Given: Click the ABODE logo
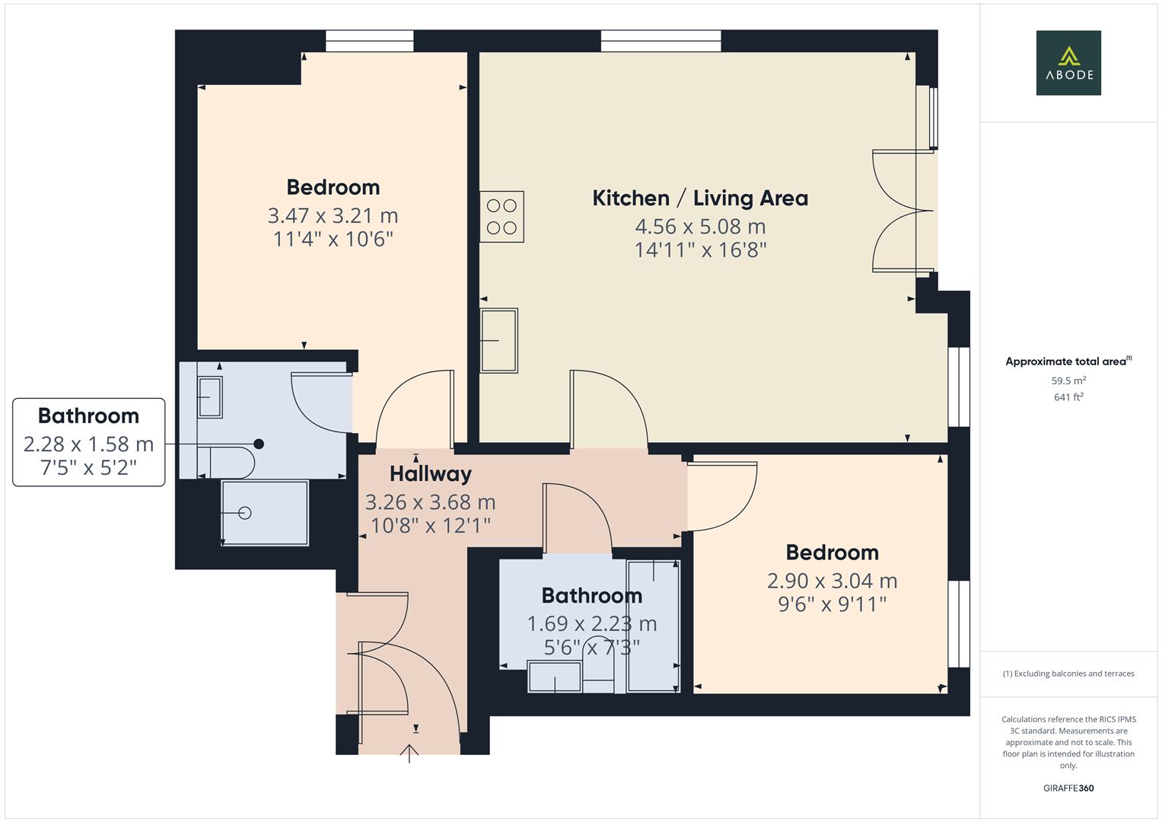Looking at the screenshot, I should tap(1068, 62).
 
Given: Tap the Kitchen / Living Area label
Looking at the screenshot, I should tap(699, 198).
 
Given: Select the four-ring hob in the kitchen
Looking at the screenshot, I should tap(501, 216).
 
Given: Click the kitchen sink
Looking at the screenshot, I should tap(498, 340).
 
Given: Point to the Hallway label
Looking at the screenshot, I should tap(431, 473).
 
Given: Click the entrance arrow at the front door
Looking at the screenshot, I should tap(409, 753).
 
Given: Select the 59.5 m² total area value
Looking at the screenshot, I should tap(1068, 381).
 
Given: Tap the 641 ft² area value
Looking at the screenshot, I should tap(1068, 397).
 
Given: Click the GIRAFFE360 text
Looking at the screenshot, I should tap(1068, 788).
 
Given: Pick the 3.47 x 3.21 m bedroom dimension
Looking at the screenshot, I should tap(333, 215).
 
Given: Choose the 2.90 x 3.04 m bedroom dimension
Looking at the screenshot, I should tap(832, 581).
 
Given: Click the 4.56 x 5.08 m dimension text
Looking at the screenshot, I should tap(699, 226).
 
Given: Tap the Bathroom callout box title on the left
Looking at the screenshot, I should tap(88, 416).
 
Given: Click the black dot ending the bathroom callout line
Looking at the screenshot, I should tap(259, 444).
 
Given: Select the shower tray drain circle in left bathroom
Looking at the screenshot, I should tap(245, 513).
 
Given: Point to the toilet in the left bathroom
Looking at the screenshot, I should tap(228, 462).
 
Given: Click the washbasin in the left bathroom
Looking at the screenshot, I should tap(210, 397).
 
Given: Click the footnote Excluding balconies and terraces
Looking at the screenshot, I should tap(1068, 674).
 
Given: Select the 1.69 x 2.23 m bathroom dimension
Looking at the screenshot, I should tap(591, 623).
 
